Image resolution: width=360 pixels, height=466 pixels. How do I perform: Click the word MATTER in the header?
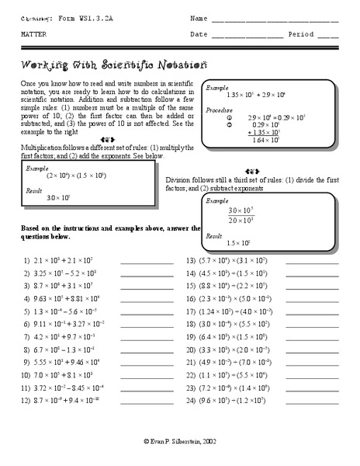click(33, 35)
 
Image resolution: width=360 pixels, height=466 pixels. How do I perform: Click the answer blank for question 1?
click(147, 263)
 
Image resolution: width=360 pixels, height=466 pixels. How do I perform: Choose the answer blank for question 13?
click(313, 263)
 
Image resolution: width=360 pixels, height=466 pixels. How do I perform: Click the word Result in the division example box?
click(213, 234)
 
